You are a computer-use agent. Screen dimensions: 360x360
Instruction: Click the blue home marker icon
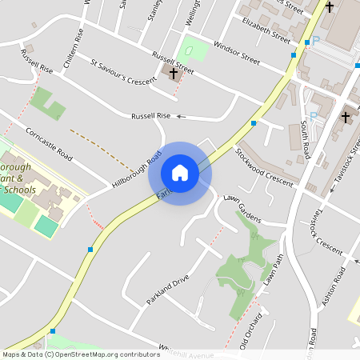[180, 173]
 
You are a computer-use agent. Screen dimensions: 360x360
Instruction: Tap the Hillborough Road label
[137, 169]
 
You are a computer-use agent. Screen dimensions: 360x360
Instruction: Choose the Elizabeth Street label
[265, 35]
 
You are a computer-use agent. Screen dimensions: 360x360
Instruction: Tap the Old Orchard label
[250, 328]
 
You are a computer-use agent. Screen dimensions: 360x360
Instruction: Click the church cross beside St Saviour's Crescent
[173, 73]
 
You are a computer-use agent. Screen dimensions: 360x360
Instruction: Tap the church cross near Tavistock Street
[346, 118]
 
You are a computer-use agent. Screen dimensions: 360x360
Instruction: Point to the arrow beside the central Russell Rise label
[180, 117]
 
